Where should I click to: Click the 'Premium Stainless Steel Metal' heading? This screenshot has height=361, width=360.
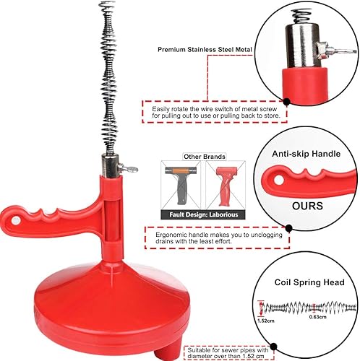[x=205, y=50]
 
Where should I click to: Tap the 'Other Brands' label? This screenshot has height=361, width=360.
[x=205, y=157]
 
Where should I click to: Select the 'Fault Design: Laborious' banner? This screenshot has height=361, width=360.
[x=203, y=214]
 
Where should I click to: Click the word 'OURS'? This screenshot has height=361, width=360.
[x=307, y=206]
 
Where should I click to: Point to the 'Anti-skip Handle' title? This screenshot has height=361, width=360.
[x=306, y=154]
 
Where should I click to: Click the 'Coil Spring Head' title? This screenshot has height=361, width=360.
[x=309, y=282]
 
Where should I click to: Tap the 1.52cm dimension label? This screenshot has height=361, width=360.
[x=266, y=321]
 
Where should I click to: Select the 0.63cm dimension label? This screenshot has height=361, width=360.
[x=317, y=317]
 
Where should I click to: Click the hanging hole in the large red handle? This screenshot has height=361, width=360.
[x=15, y=219]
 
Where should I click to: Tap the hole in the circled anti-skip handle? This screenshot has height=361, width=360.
[x=279, y=180]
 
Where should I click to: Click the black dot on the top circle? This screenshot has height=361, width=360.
[x=286, y=102]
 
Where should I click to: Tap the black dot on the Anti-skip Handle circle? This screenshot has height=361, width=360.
[x=289, y=228]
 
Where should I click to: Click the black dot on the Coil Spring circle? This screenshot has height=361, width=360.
[x=273, y=347]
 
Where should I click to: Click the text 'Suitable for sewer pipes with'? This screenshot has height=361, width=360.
[x=228, y=350]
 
